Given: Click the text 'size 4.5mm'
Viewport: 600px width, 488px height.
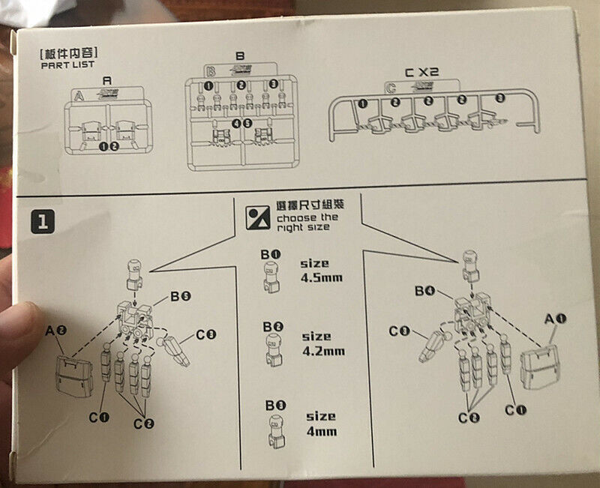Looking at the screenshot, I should pyautogui.click(x=321, y=270).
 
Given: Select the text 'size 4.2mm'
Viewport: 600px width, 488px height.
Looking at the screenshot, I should pyautogui.click(x=322, y=343).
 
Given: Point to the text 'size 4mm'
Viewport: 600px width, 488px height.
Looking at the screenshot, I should pyautogui.click(x=320, y=424).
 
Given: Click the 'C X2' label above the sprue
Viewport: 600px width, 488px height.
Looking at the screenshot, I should pyautogui.click(x=421, y=73).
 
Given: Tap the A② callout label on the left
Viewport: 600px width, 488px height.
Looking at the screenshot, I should pyautogui.click(x=55, y=330).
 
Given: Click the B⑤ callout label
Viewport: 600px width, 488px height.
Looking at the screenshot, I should pyautogui.click(x=180, y=297).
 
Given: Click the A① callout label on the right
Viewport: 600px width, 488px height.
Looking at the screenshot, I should pyautogui.click(x=555, y=318).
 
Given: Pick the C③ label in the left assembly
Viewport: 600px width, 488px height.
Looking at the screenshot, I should pyautogui.click(x=206, y=335).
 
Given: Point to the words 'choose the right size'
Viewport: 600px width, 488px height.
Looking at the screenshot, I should pyautogui.click(x=303, y=222).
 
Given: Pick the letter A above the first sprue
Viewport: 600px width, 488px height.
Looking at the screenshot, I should pyautogui.click(x=106, y=79).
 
